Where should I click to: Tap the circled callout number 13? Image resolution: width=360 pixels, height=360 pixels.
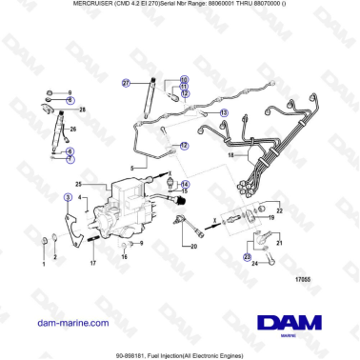click(x=224, y=112)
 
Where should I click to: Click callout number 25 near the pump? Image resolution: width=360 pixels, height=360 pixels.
click(x=80, y=183)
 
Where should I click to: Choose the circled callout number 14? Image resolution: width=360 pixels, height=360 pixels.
click(x=185, y=183)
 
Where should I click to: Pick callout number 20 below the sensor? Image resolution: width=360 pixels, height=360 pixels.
click(x=193, y=248)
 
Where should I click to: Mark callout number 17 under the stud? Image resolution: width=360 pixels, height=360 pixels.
click(x=92, y=264)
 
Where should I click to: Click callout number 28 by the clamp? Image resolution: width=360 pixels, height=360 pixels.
click(x=82, y=111)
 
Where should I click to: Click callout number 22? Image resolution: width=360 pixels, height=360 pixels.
click(x=279, y=209)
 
